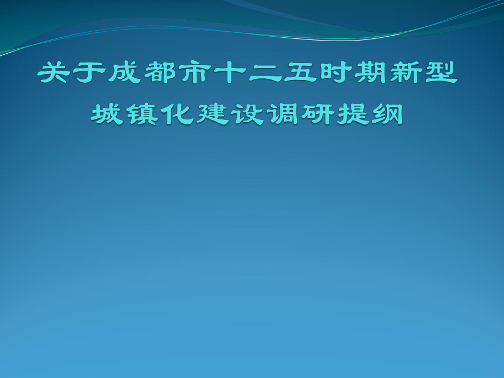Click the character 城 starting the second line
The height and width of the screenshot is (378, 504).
click(108, 114)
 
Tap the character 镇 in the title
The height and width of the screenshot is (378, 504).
click(143, 114)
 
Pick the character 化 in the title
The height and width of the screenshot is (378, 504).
click(178, 114)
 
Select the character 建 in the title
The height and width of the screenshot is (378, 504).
click(213, 114)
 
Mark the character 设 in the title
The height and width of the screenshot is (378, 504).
click(248, 114)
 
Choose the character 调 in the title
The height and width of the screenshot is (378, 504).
click(283, 114)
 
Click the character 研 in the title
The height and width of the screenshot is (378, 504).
click(318, 114)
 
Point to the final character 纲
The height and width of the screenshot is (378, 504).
click(388, 114)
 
